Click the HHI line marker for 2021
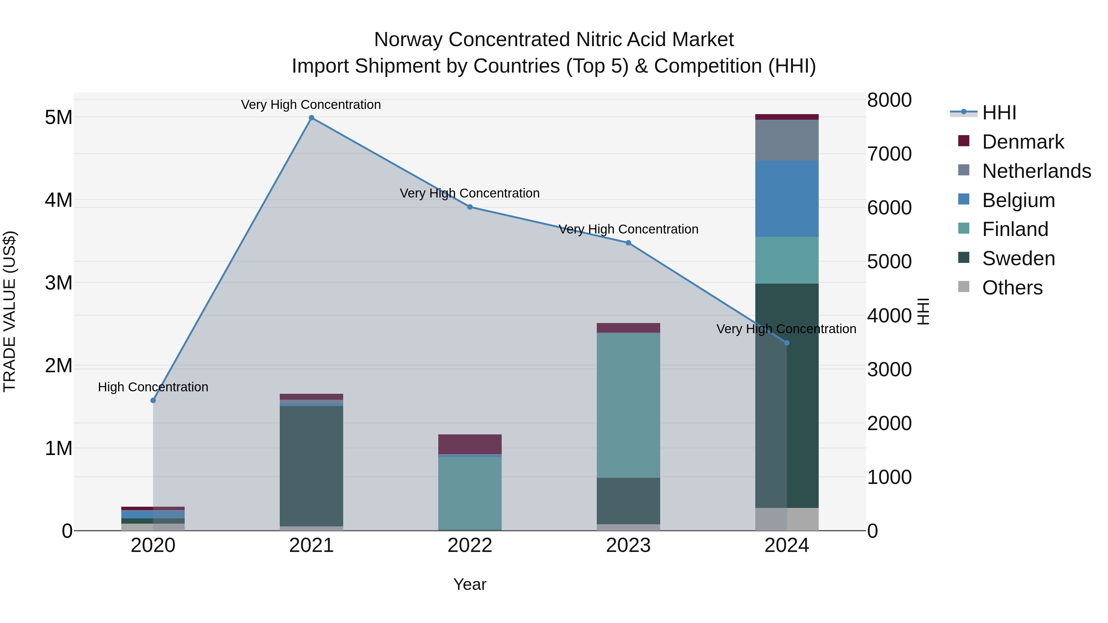pos(311,118)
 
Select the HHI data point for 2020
pos(153,400)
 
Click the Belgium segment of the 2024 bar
pos(787,199)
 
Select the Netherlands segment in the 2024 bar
pos(787,140)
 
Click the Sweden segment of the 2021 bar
pos(311,466)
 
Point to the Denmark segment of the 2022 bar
pos(470,444)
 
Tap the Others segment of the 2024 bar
pos(787,519)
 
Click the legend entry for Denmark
pos(1022,142)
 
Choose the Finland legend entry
pos(1015,229)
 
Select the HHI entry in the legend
pos(999,113)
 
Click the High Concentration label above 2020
pos(153,387)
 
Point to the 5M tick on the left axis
pos(58,117)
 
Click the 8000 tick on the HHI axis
pos(889,100)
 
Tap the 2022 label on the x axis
pos(470,545)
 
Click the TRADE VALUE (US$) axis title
pos(10,311)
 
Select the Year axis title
pos(470,584)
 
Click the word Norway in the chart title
pos(408,40)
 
